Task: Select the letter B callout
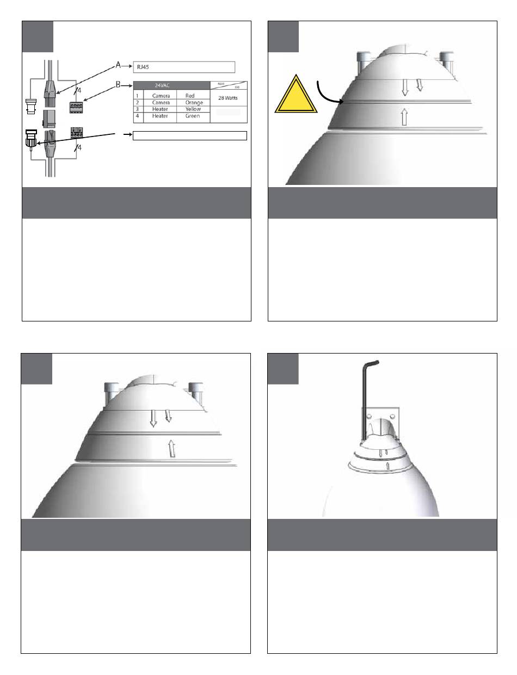point(119,85)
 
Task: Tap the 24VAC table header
point(171,85)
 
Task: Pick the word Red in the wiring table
point(190,96)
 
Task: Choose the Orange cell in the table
point(194,102)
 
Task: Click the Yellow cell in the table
point(193,109)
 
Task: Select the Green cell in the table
point(193,116)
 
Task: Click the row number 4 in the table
point(138,116)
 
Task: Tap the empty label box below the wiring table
point(190,135)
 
